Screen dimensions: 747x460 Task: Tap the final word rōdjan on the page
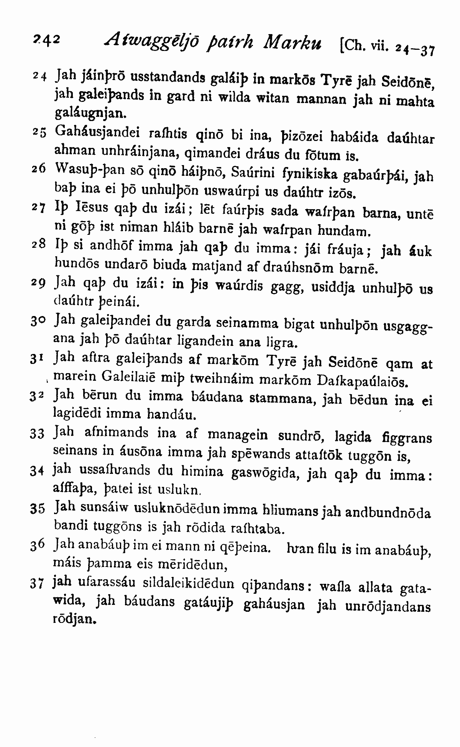click(x=74, y=619)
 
